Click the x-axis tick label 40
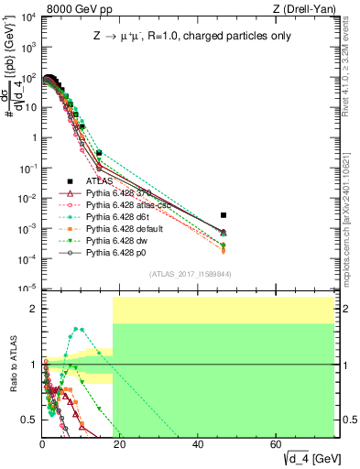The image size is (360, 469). tap(199, 444)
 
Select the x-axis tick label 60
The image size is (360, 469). tap(277, 444)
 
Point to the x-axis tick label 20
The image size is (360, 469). tap(120, 444)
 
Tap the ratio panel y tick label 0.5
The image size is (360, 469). tap(28, 420)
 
